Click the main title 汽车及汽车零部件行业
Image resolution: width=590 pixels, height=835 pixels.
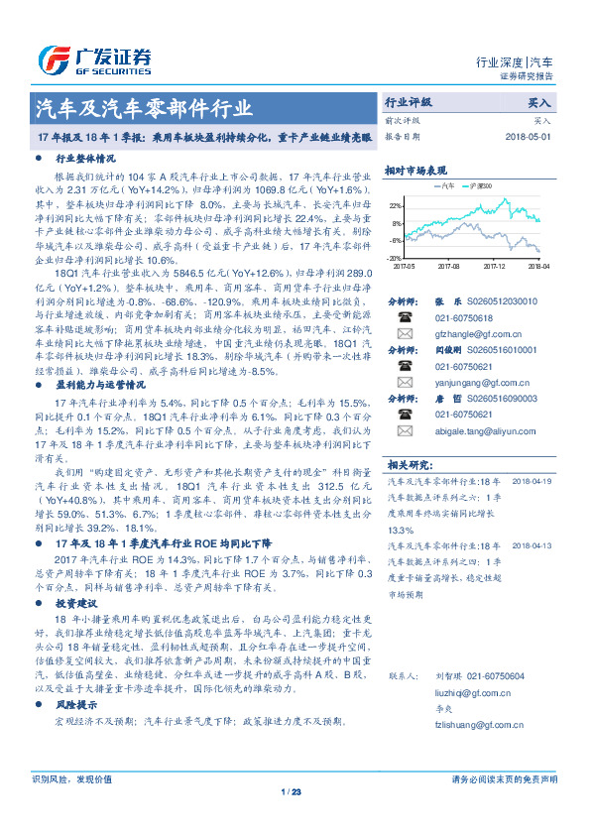[x=144, y=108]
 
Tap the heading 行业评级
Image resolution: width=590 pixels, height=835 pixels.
[x=409, y=102]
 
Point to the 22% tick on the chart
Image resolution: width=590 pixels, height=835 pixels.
[x=396, y=205]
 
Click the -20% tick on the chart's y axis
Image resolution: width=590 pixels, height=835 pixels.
[x=396, y=256]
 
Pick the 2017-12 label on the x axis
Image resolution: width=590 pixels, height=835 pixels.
[x=496, y=266]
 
